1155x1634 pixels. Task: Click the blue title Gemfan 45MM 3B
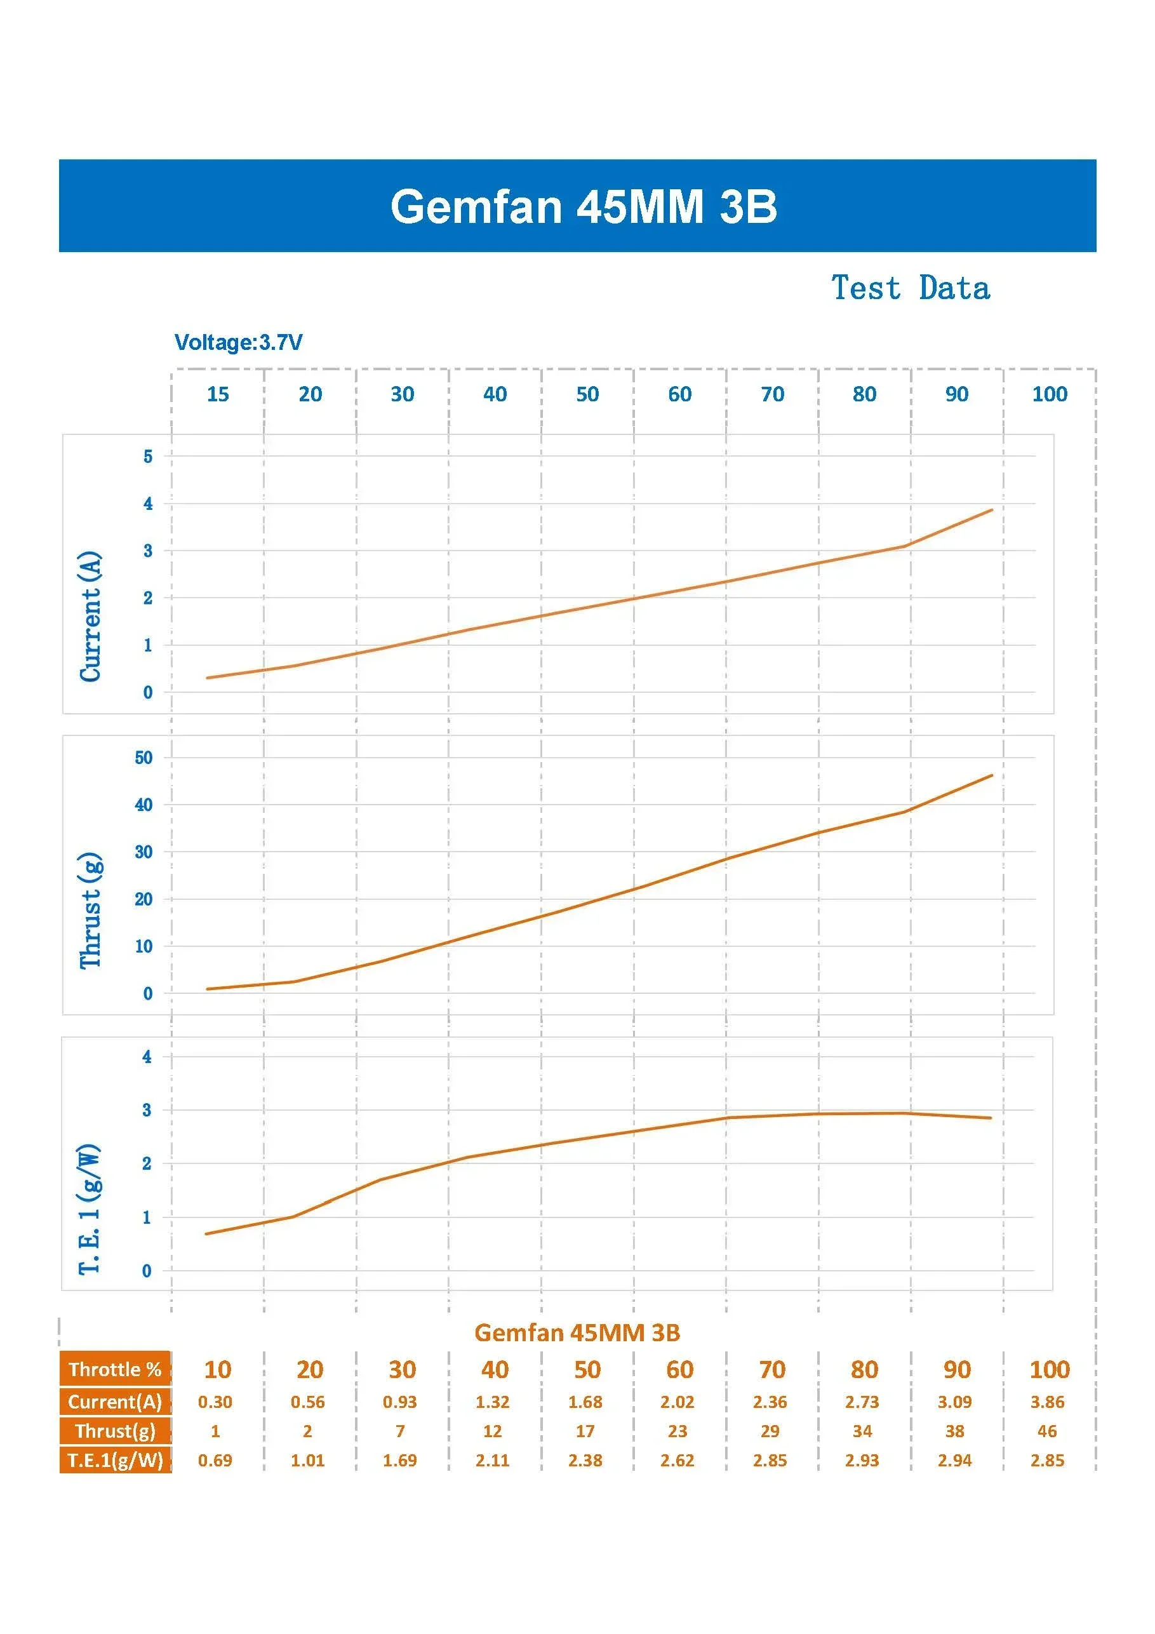pyautogui.click(x=583, y=206)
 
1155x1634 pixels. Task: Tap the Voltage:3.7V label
pyautogui.click(x=238, y=342)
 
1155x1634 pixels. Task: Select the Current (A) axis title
pyautogui.click(x=90, y=615)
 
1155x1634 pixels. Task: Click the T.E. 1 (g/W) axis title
pyautogui.click(x=90, y=1209)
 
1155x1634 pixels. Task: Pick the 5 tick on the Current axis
pyautogui.click(x=147, y=456)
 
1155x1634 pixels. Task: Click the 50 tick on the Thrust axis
pyautogui.click(x=144, y=757)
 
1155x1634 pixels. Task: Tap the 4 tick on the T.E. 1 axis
pyautogui.click(x=147, y=1057)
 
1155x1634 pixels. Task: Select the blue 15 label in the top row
pyautogui.click(x=218, y=394)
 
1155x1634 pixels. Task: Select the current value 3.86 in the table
pyautogui.click(x=1048, y=1402)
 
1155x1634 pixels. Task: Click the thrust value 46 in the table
pyautogui.click(x=1048, y=1431)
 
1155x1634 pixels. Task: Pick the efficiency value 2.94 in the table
pyautogui.click(x=954, y=1461)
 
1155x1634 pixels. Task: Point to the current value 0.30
pyautogui.click(x=215, y=1402)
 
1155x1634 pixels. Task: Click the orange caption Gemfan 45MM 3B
pyautogui.click(x=577, y=1332)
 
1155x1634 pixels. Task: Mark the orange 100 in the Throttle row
pyautogui.click(x=1050, y=1369)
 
